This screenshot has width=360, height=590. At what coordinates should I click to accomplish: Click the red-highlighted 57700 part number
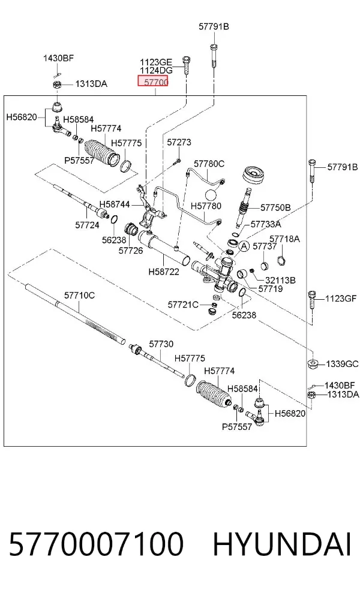[x=153, y=82]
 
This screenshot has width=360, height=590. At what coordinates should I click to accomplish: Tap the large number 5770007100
[x=96, y=544]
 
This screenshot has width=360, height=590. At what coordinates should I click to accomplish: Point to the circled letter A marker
[x=244, y=246]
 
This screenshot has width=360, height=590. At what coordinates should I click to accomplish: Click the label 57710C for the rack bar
[x=79, y=296]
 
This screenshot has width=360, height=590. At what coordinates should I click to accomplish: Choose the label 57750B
[x=275, y=207]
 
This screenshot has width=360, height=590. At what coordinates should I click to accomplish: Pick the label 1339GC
[x=342, y=364]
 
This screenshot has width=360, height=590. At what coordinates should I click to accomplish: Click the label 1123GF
[x=341, y=299]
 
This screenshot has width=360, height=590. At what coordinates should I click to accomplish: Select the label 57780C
[x=209, y=164]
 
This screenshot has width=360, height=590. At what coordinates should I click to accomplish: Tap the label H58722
[x=164, y=271]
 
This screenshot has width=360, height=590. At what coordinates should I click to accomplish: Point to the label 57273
[x=179, y=142]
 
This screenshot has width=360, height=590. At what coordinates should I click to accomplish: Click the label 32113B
[x=280, y=280]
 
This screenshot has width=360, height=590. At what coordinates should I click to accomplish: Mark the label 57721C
[x=183, y=305]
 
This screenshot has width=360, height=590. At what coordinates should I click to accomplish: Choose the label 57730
[x=161, y=344]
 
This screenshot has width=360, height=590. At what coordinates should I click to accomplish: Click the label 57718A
[x=284, y=239]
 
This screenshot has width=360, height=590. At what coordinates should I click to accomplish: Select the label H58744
[x=115, y=204]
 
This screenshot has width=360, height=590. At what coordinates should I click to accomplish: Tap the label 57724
[x=88, y=225]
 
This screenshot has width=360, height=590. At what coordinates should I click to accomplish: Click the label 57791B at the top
[x=214, y=27]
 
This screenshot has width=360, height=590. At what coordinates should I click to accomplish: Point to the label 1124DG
[x=156, y=70]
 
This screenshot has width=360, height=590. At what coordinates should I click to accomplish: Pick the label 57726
[x=131, y=250]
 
